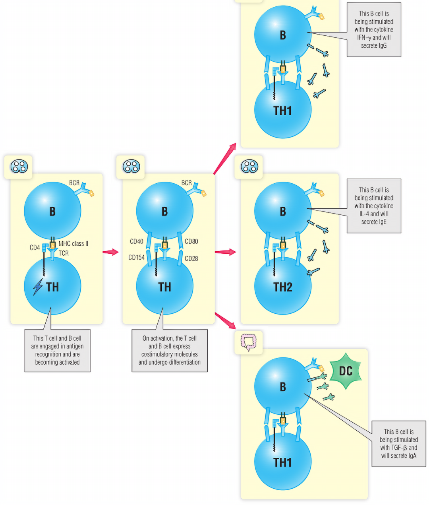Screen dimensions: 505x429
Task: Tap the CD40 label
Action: (136, 241)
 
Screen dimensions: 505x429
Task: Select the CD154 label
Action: (136, 257)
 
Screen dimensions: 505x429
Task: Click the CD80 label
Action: (191, 241)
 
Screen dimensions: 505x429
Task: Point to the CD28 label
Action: (191, 258)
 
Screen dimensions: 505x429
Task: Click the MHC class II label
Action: (73, 243)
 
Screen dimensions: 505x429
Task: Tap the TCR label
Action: (64, 253)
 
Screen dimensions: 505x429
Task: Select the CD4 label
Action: (35, 247)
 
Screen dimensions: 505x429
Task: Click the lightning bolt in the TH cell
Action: (38, 287)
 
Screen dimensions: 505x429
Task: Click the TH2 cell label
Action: (282, 287)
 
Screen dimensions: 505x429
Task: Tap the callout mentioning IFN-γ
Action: (374, 30)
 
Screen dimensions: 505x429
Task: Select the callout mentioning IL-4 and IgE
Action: (374, 206)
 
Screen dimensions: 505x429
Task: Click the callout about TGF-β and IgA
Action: (398, 443)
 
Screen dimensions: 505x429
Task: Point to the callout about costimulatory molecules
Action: (169, 350)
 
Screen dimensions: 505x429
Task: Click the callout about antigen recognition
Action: (57, 350)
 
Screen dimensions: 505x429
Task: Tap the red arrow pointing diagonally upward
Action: (225, 159)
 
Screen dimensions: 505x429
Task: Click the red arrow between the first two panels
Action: (110, 252)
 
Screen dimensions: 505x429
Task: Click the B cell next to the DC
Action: (282, 386)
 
